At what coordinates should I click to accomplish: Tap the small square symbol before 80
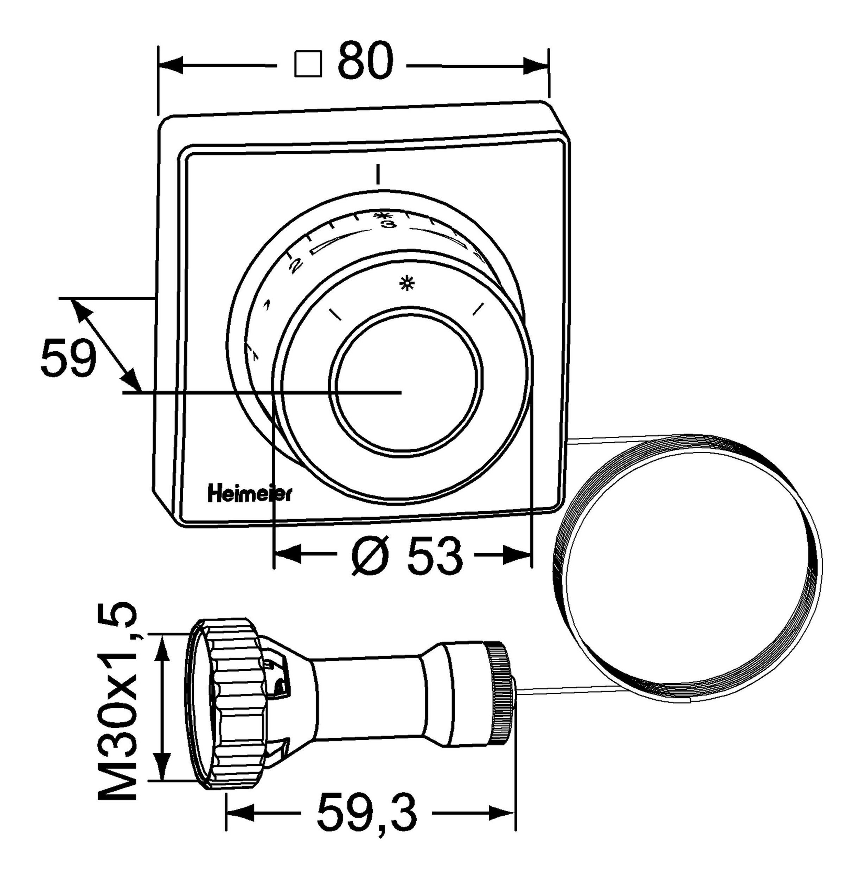308,64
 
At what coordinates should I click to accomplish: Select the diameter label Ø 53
406,555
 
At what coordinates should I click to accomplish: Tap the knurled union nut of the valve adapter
227,704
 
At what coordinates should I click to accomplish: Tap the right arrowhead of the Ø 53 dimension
518,555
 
